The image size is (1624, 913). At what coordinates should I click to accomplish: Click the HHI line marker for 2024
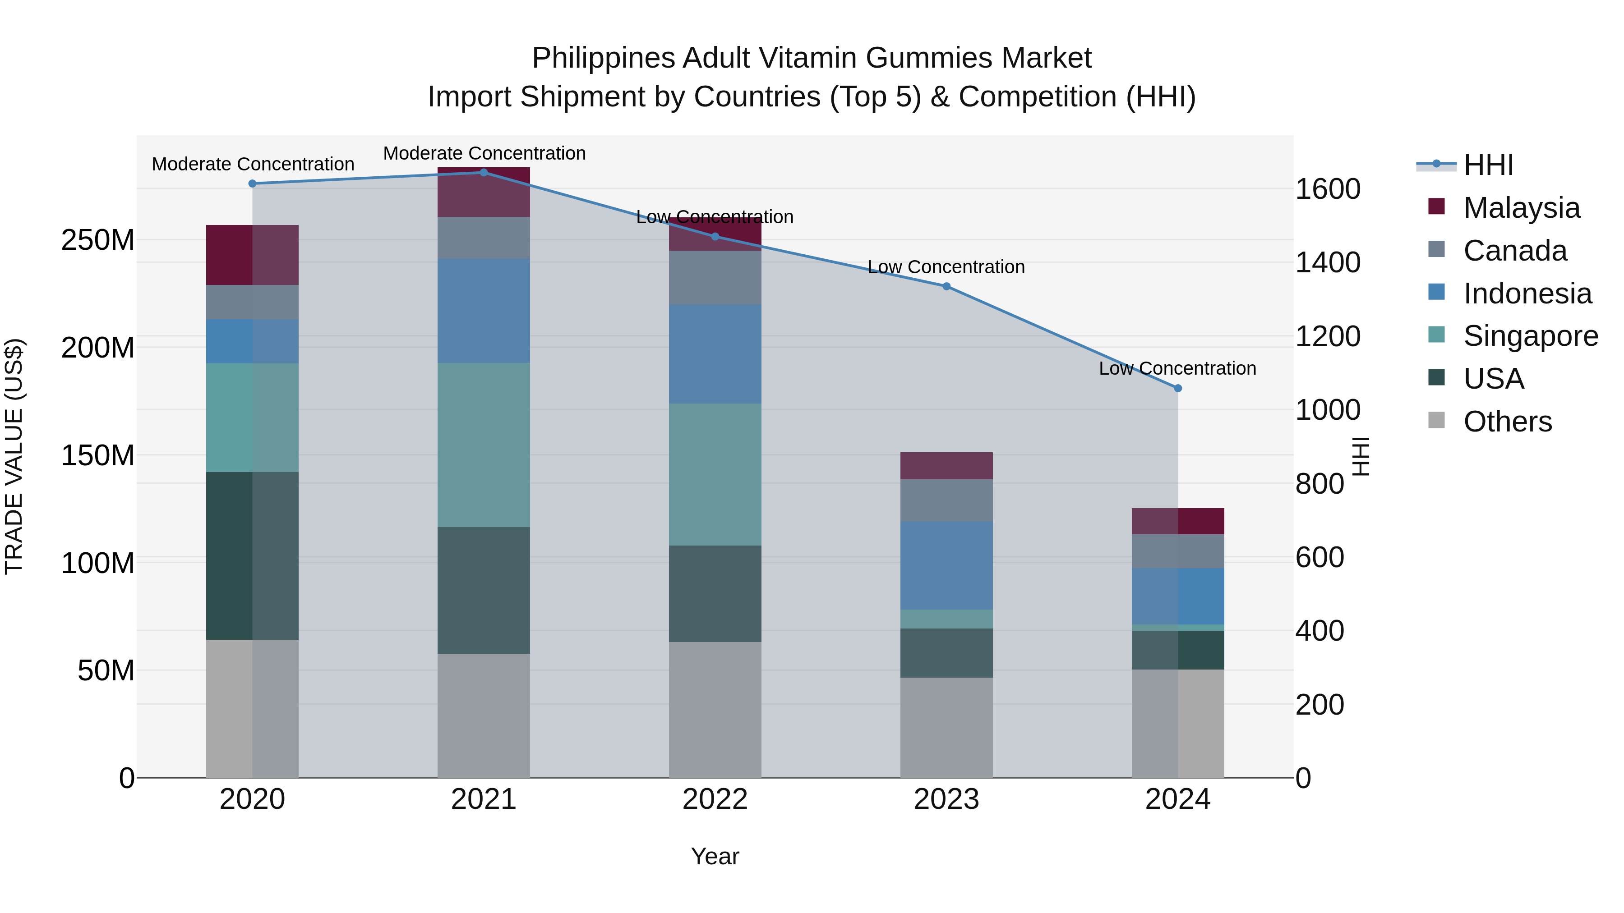tap(1178, 388)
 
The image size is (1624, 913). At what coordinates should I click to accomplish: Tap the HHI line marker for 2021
tap(484, 173)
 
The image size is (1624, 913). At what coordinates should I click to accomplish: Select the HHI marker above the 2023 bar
tap(946, 286)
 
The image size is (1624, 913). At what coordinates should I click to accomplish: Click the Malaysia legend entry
tap(1521, 208)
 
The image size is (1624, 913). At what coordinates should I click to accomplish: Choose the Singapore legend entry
tap(1530, 336)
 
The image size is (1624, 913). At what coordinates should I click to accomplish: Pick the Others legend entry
tap(1507, 422)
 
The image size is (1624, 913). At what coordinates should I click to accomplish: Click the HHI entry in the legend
tap(1488, 165)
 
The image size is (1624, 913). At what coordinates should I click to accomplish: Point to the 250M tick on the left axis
tap(98, 240)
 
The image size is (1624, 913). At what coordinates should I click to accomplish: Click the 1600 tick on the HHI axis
tap(1328, 189)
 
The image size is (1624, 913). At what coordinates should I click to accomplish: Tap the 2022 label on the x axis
tap(715, 799)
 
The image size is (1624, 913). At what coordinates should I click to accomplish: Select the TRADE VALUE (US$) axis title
tap(14, 456)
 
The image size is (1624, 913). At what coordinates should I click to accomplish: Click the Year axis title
tap(715, 856)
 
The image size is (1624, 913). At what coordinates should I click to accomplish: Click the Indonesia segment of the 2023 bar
tap(946, 565)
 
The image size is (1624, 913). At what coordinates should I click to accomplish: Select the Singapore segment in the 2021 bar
tap(484, 445)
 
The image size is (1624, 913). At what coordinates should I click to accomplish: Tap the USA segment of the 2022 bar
tap(715, 593)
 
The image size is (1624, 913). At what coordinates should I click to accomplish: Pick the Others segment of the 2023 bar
tap(946, 727)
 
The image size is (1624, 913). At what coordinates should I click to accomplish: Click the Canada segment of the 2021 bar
tap(484, 238)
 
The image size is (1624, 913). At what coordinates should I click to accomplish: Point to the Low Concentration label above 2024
tap(1177, 369)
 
